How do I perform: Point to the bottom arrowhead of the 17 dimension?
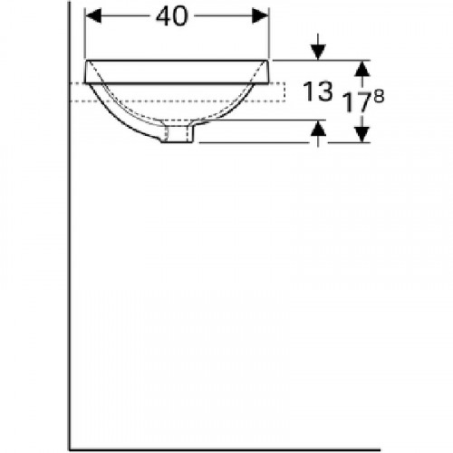click(362, 135)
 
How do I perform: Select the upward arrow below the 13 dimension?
click(318, 132)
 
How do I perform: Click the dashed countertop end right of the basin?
click(284, 91)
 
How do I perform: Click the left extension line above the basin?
click(84, 36)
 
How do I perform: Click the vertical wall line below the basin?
click(70, 272)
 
